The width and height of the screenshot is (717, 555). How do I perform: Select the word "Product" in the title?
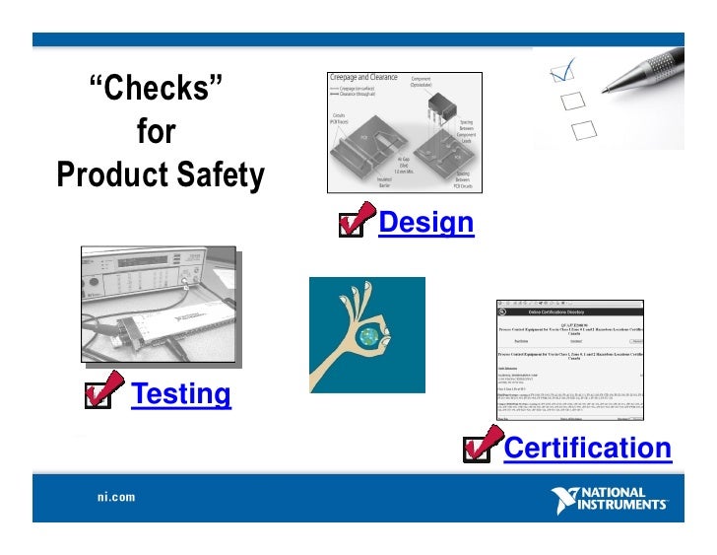point(109,176)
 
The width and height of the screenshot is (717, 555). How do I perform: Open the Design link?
point(425,223)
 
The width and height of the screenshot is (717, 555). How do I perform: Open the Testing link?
point(181,394)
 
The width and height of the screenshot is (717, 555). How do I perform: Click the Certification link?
point(587,449)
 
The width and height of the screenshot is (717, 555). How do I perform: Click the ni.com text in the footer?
point(115,498)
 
